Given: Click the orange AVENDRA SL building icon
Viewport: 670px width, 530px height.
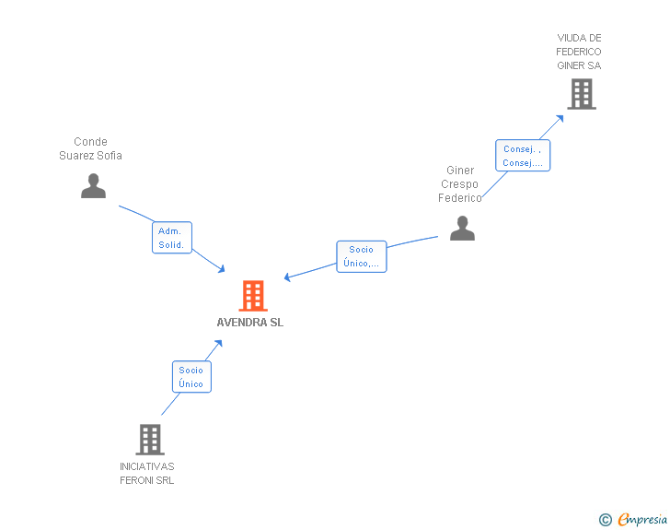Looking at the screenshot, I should (253, 296).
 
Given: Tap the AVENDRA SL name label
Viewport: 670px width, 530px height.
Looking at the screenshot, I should (250, 323).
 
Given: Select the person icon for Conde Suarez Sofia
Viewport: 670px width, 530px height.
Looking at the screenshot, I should (93, 185).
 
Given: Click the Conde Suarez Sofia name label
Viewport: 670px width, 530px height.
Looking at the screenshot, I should (90, 148).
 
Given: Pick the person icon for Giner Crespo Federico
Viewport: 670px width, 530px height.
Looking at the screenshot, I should (462, 228).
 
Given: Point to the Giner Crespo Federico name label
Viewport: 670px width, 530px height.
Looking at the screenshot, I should (460, 184).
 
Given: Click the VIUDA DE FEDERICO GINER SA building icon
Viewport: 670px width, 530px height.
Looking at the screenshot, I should (581, 94).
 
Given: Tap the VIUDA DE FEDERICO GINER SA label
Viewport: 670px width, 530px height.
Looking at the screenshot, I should (579, 52).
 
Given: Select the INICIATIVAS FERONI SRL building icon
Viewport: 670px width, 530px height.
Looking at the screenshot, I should (149, 440).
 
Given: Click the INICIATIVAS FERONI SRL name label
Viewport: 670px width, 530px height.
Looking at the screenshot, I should (147, 473).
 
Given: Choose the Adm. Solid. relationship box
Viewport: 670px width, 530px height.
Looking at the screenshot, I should (172, 238).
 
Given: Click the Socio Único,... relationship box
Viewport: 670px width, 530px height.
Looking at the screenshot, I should (361, 256).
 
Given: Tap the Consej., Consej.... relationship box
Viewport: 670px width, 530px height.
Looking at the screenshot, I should (523, 156).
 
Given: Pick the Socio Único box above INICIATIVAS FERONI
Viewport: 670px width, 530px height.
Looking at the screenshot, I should (191, 377).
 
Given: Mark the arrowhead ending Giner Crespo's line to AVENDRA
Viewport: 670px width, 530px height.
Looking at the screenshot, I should (288, 277).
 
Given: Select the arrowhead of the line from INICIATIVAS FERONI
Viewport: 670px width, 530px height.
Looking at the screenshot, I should (219, 343).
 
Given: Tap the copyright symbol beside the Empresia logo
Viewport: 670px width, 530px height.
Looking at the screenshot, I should (605, 520).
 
